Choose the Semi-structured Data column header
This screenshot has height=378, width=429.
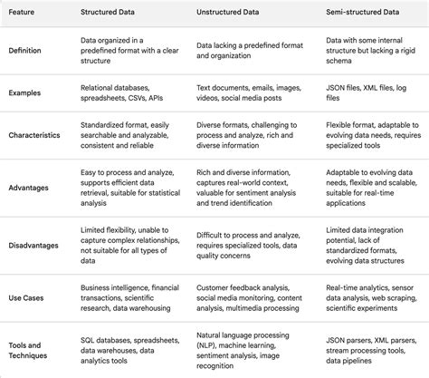point(362,14)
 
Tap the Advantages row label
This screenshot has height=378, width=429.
point(32,188)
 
